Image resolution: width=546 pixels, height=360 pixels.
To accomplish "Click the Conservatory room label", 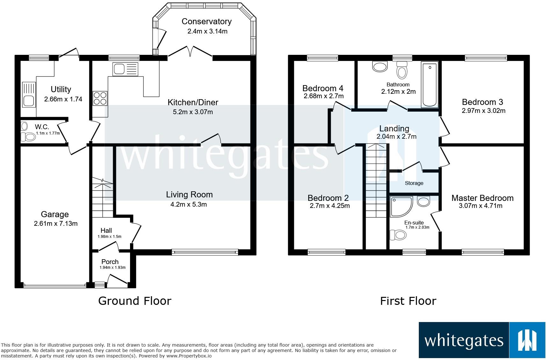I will click(206, 21).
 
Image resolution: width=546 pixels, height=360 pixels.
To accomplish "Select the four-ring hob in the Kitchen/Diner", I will click(100, 98).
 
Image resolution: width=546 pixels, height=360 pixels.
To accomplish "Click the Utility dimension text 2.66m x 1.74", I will click(63, 99).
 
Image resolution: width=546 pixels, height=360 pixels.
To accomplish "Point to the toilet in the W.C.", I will click(28, 137).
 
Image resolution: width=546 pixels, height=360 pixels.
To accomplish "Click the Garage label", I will click(55, 214).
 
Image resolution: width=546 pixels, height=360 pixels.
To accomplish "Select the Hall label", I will click(106, 230).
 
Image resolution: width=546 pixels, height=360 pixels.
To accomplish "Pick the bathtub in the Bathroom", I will click(430, 84).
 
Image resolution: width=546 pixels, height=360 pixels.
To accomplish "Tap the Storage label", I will click(414, 183).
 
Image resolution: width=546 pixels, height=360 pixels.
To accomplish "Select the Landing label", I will click(394, 129).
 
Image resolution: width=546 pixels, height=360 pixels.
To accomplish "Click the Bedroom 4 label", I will click(323, 88).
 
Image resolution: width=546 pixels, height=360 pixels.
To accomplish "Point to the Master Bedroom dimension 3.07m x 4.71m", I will click(480, 206).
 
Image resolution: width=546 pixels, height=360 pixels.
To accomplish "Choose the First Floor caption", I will click(408, 301).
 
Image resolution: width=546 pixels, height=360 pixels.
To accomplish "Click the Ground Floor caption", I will click(135, 301).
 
